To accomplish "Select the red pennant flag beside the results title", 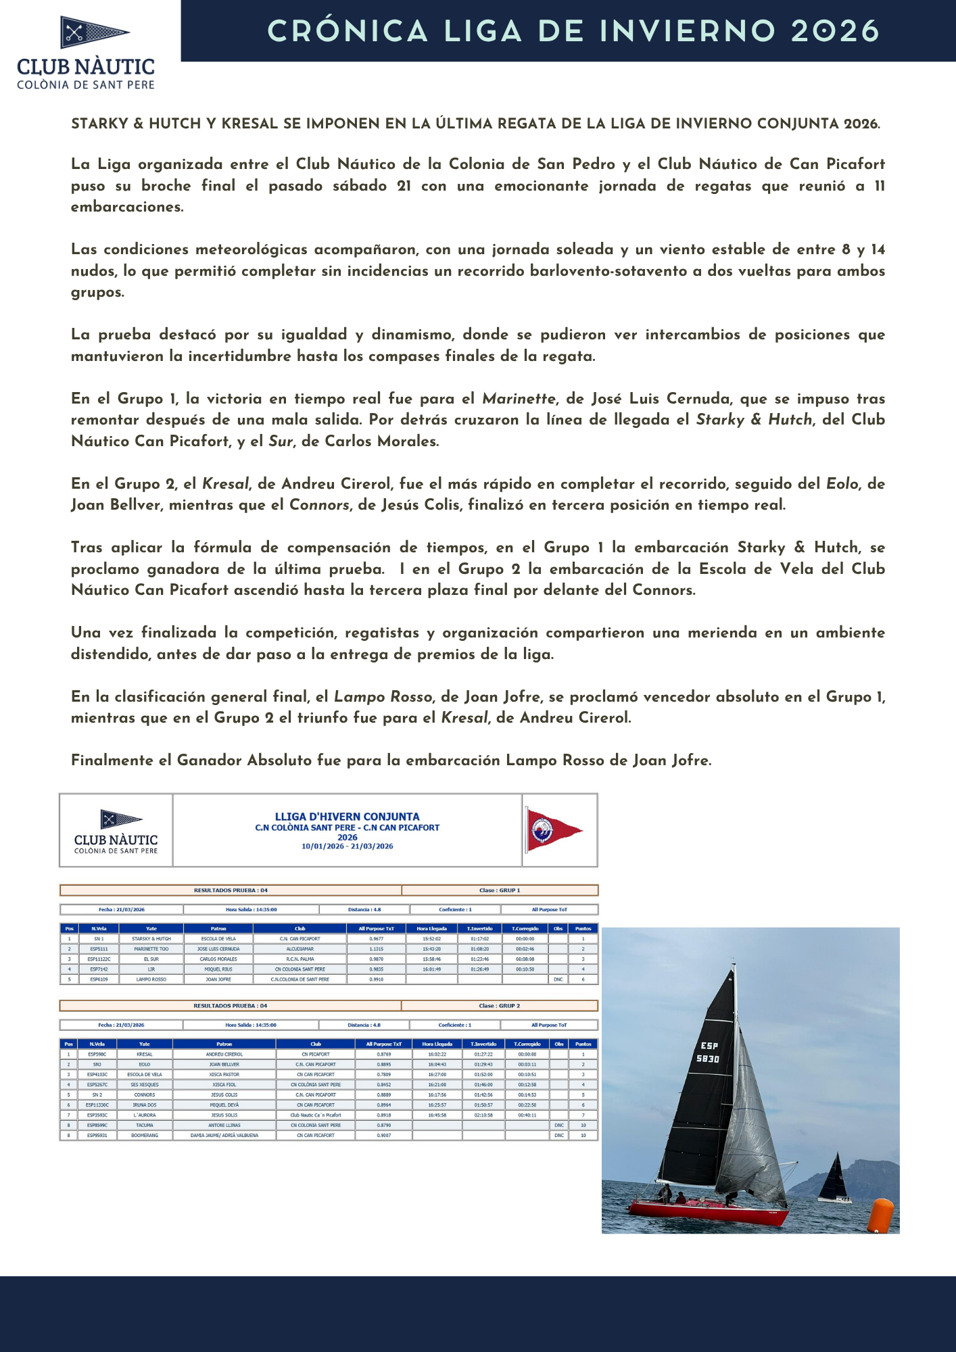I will [x=552, y=830].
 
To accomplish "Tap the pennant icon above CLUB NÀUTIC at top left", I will [x=94, y=32].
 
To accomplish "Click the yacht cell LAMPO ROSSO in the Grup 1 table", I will [x=151, y=980].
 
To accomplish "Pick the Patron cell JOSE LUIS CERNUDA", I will [x=218, y=949].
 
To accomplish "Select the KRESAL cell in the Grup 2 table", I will [x=145, y=1055].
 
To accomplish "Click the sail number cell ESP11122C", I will [x=99, y=959].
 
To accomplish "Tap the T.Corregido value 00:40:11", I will [x=527, y=1115].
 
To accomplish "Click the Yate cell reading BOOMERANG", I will [x=145, y=1136].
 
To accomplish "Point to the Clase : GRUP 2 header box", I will [x=500, y=1006].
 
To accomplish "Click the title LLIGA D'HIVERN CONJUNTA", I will [x=347, y=817].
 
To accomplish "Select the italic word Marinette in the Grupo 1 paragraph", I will [x=519, y=399].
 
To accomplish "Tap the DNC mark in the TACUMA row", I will [x=559, y=1126].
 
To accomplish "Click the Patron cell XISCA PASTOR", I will [x=224, y=1075].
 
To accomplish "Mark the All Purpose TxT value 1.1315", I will [x=376, y=949].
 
